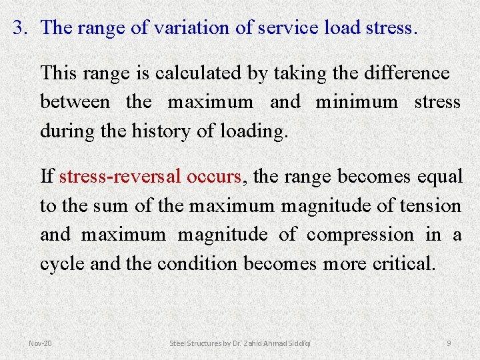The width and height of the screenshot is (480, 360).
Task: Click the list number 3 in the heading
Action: click(x=20, y=29)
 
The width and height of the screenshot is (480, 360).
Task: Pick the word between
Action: click(x=75, y=102)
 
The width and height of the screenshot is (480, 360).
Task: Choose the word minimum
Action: click(x=357, y=102)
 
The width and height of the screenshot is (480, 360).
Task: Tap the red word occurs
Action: click(x=216, y=177)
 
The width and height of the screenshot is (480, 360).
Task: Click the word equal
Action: click(x=439, y=177)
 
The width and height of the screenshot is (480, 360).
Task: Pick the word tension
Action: click(x=432, y=206)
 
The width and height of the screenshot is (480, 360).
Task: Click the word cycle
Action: click(x=63, y=264)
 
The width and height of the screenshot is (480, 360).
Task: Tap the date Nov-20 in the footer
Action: click(x=41, y=343)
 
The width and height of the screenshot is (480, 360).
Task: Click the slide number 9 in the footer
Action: click(x=449, y=343)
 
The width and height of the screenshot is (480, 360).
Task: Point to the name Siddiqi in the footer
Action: click(x=297, y=343)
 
